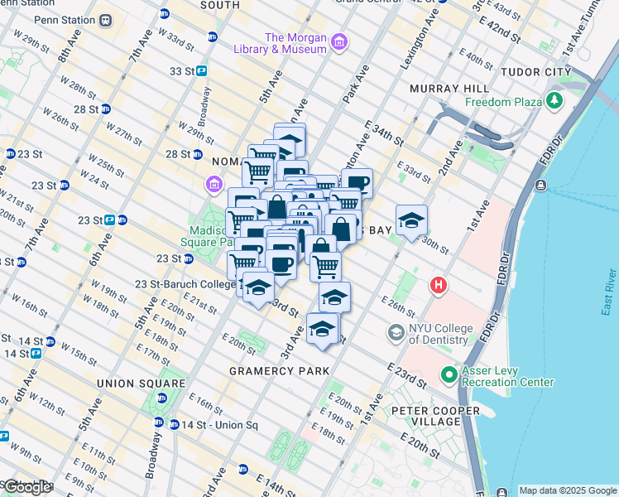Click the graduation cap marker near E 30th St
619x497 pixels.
click(411, 220)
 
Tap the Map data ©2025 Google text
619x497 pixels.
click(568, 490)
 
